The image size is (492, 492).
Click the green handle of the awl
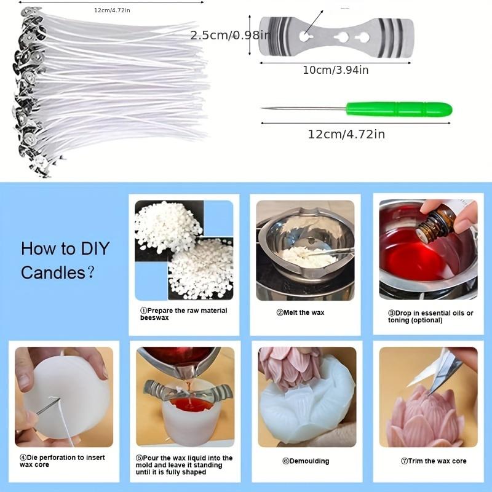[x=399, y=109]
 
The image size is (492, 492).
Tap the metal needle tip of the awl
[x=262, y=108]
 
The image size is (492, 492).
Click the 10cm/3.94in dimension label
[x=335, y=70]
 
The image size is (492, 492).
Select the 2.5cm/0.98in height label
[x=230, y=35]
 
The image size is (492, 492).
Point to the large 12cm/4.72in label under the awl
[x=346, y=134]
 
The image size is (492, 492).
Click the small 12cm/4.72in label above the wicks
[x=112, y=10]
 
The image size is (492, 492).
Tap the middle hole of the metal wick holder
[x=341, y=38]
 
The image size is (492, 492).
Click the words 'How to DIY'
[x=65, y=248]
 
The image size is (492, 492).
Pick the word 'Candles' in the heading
[x=53, y=272]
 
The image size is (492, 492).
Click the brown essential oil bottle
[x=435, y=224]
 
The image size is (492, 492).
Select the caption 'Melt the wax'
[x=300, y=312]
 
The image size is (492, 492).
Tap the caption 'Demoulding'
[x=306, y=461]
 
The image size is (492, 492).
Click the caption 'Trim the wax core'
[x=434, y=461]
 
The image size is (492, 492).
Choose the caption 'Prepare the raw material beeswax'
[x=183, y=314]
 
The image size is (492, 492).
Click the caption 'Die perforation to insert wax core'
[x=62, y=461]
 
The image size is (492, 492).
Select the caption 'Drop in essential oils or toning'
[x=430, y=317]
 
